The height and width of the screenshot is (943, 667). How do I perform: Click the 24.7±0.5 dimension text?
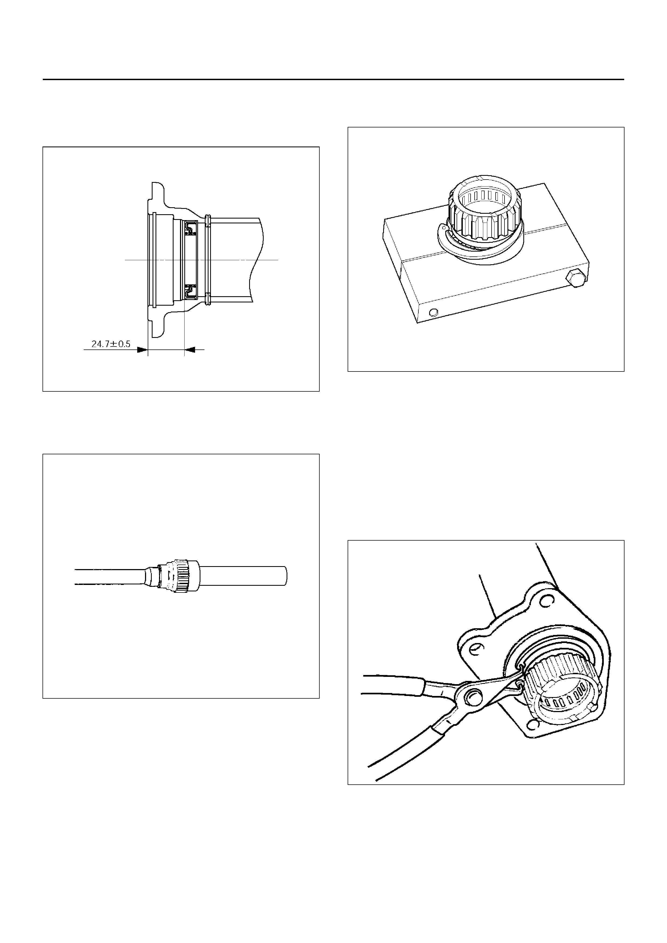111,344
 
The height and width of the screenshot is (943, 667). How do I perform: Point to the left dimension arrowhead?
142,350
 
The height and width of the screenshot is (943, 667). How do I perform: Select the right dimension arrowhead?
189,350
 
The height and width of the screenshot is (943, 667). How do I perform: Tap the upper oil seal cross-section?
191,227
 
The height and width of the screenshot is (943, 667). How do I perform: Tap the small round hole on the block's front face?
432,313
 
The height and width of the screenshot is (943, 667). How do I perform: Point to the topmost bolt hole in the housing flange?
545,602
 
